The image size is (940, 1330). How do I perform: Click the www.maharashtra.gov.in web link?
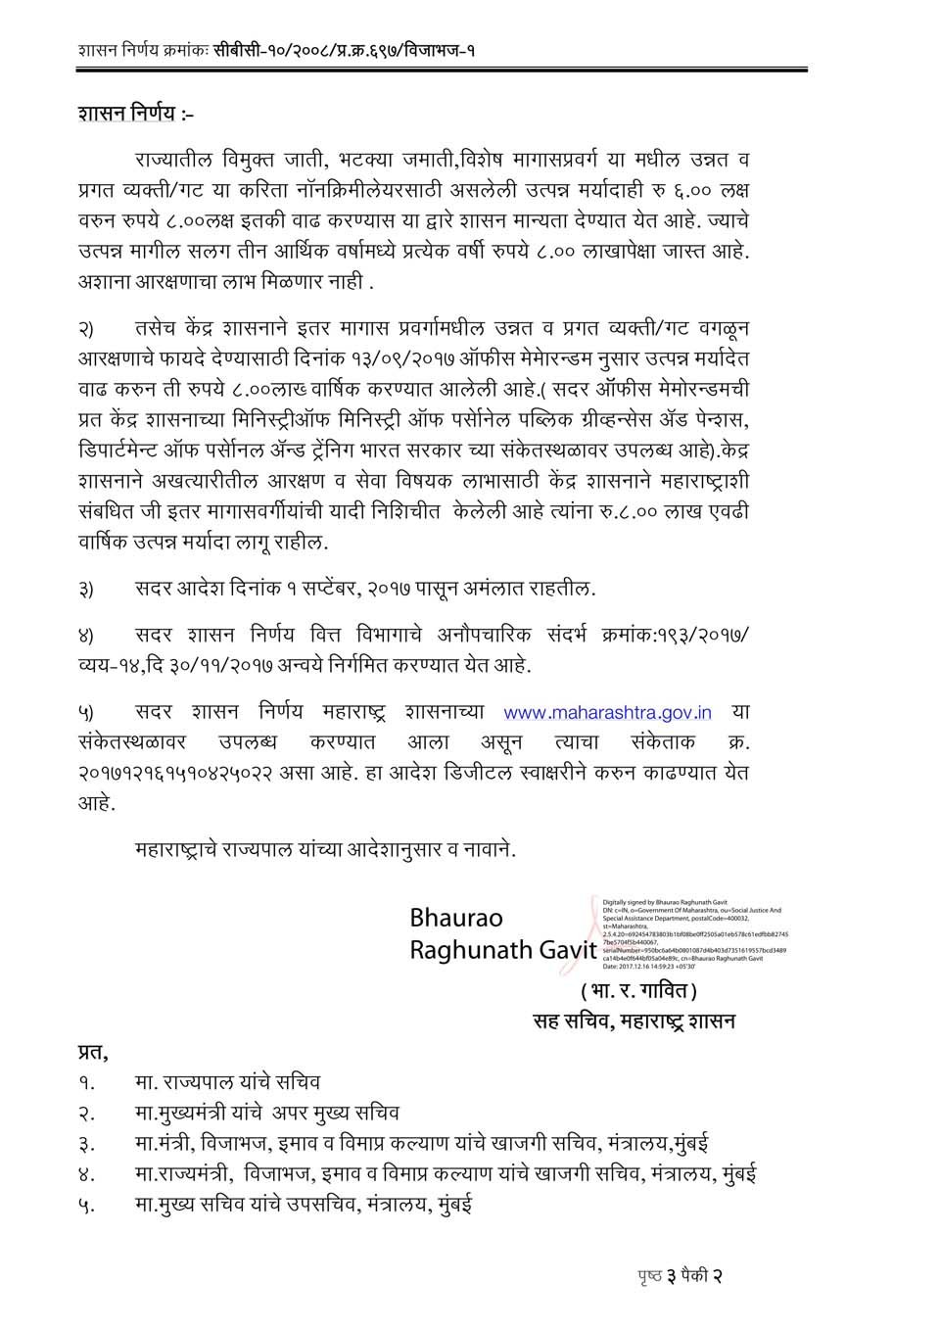[x=607, y=712]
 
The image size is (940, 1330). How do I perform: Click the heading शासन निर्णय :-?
[x=136, y=115]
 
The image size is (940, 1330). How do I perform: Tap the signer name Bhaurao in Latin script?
[x=456, y=919]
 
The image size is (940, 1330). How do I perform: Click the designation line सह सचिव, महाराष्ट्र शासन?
[x=634, y=1021]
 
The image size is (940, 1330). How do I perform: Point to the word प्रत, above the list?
[x=93, y=1054]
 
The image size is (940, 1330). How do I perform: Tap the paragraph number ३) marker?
[x=87, y=590]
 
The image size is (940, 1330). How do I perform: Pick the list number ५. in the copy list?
[x=87, y=1205]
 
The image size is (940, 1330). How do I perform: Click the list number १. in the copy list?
[x=87, y=1083]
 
